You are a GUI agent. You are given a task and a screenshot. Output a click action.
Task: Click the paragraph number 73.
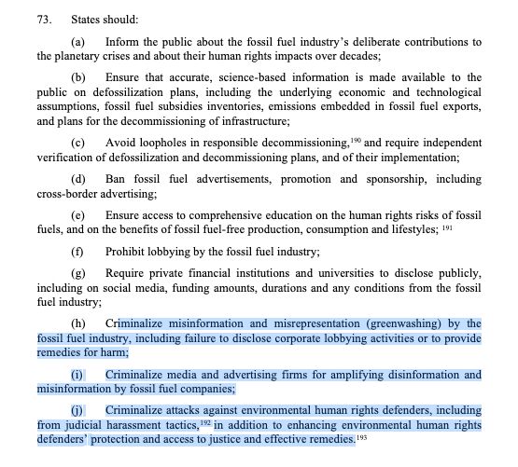pos(43,19)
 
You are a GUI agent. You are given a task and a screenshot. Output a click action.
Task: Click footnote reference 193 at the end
pos(361,436)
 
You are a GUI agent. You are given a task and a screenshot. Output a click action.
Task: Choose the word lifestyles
pos(412,226)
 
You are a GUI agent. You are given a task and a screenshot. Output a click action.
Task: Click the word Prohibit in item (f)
pos(128,251)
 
